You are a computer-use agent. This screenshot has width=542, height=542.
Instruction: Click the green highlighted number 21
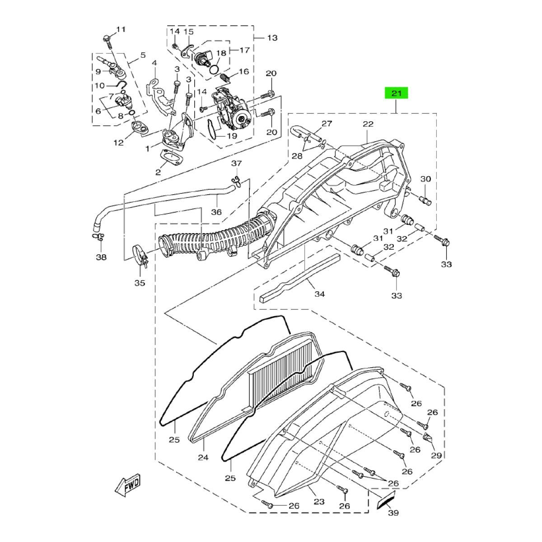tap(396, 93)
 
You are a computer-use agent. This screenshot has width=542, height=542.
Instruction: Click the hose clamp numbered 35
tap(140, 256)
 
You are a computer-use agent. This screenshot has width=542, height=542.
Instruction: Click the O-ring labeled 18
tap(216, 69)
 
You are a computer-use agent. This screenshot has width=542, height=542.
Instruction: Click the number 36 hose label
tap(216, 212)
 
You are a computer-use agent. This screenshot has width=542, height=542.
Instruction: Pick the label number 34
tap(319, 294)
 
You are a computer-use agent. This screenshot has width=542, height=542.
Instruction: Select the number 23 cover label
tap(319, 501)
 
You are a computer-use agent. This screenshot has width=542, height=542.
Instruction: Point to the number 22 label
tap(368, 124)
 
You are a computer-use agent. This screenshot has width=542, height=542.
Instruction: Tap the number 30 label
tap(425, 178)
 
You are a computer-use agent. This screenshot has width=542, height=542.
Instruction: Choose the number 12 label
tap(119, 142)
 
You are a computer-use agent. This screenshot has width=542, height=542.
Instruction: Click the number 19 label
tap(232, 135)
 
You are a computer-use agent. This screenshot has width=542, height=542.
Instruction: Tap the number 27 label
tap(327, 123)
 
